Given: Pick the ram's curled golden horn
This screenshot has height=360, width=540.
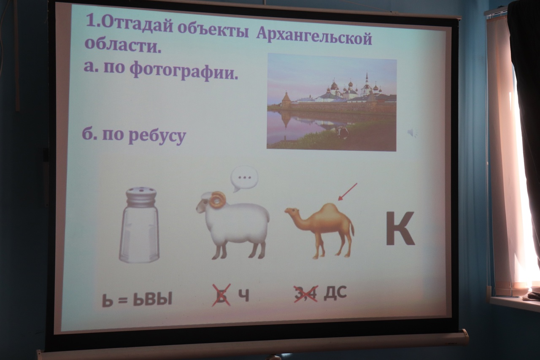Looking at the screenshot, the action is coord(217,199).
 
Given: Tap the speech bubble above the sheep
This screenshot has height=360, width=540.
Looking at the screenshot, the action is coord(244,179).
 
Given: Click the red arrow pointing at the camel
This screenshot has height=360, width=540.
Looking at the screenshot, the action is coord(347,192).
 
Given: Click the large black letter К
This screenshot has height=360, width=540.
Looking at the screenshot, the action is coord(400,228).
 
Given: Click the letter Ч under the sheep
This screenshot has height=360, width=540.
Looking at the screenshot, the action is coord(244,295).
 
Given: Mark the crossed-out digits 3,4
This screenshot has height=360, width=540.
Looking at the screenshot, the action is coord(305,293).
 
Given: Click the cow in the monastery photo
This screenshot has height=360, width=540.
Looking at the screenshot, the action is coord(342,133).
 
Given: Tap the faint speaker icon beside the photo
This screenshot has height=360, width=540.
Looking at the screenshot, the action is coord(412,133).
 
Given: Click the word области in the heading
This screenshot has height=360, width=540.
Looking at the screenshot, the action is coord(123,45).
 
